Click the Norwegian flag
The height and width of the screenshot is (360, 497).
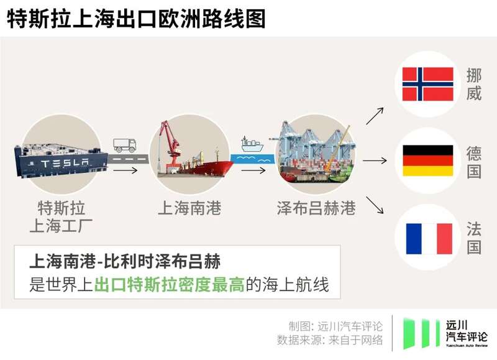coord(427,84)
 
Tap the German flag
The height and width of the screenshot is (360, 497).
coord(428,160)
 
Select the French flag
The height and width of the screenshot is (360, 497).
coord(429,239)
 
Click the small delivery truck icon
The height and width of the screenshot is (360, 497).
coord(125,145)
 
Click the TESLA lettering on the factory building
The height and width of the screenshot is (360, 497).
coord(65,164)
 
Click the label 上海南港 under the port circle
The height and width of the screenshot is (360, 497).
coord(189,208)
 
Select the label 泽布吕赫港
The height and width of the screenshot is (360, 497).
coord(316,208)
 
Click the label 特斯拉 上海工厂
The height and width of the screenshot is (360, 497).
coord(61,216)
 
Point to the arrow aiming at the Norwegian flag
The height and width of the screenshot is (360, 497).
coord(375,116)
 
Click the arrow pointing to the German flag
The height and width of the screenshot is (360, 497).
coord(375,160)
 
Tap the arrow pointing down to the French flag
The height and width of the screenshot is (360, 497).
coord(375,205)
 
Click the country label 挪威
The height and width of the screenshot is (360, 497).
coord(474,84)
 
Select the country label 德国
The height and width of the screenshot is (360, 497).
coord(474,162)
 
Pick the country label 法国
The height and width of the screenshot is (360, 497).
coord(474,238)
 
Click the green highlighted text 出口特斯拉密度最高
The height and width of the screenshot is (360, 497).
coord(169,284)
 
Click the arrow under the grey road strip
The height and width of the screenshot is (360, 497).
coord(125,170)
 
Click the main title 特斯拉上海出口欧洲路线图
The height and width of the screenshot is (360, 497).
coord(136,19)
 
